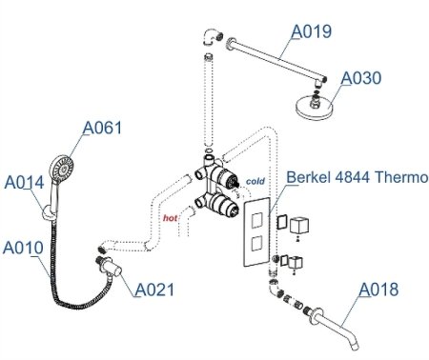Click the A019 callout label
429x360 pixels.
[312, 31]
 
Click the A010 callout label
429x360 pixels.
[22, 248]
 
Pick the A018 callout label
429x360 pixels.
[378, 290]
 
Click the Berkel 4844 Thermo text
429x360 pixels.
[357, 176]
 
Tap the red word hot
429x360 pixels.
[171, 218]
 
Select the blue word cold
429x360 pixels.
[255, 180]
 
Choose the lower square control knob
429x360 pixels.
[304, 260]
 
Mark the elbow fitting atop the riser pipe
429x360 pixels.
[209, 38]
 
